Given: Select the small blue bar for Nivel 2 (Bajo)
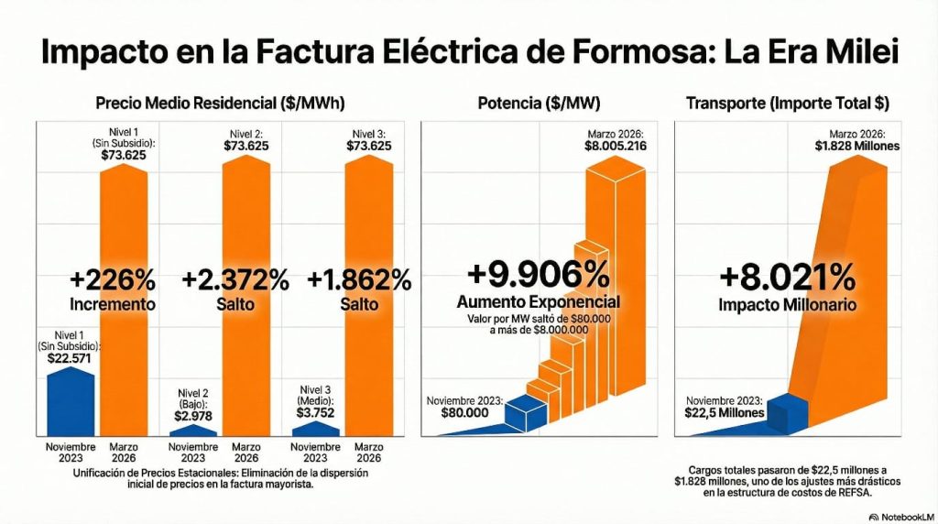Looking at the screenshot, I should click(193, 429).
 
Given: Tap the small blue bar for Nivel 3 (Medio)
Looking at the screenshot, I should click(316, 428).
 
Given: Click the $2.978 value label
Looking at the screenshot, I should click(193, 414).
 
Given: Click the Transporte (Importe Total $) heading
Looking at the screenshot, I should click(787, 104).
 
